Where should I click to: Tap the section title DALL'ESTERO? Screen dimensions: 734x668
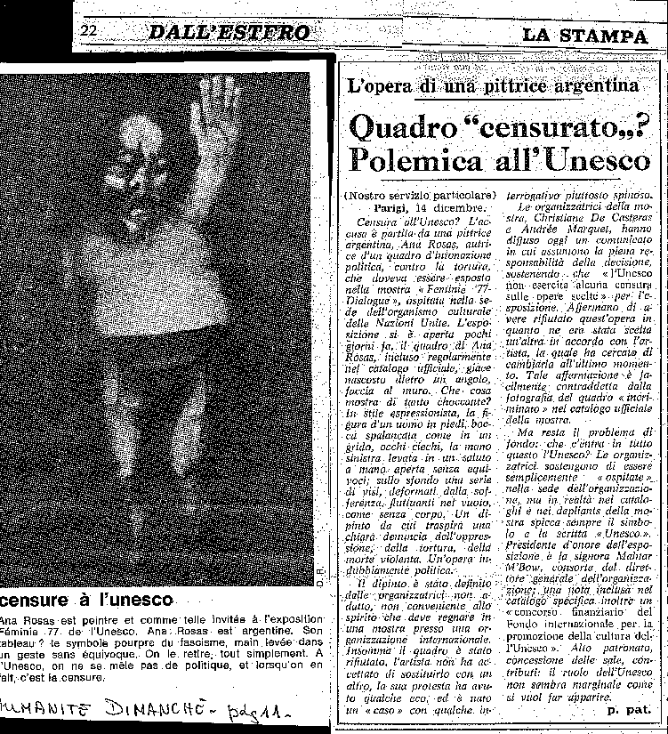(229, 34)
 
